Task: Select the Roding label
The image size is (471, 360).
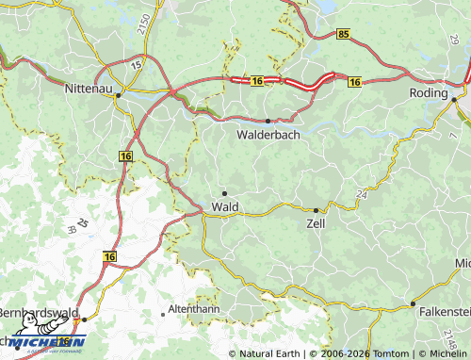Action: [430, 93]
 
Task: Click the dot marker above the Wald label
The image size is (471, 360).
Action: [224, 193]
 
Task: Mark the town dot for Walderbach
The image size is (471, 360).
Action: [268, 121]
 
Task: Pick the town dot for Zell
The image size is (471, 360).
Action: [315, 210]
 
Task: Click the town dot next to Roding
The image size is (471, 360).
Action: [453, 99]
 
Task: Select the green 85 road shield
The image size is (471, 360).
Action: [342, 34]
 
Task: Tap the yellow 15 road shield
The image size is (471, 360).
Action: [136, 63]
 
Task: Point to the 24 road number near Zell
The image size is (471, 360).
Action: [362, 195]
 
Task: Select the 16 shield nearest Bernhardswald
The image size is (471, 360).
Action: [110, 255]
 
